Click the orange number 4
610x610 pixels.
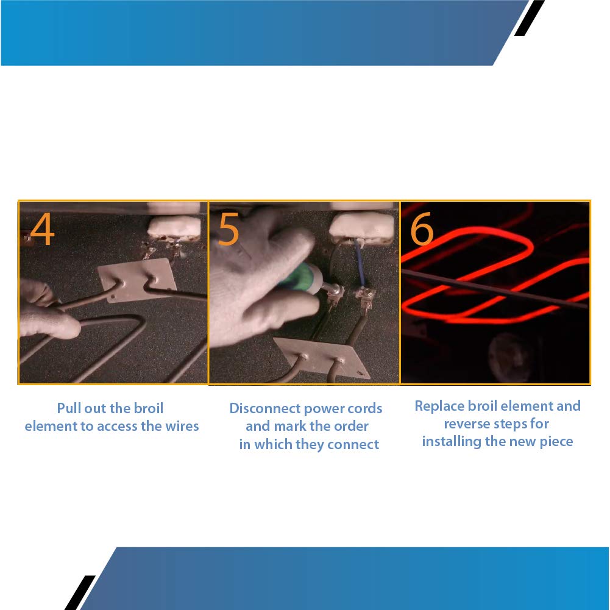[42, 229]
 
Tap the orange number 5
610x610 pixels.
[228, 229]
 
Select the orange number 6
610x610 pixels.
[422, 229]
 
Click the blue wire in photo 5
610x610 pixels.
[360, 263]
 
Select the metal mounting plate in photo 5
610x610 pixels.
[322, 356]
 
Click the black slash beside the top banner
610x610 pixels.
[529, 18]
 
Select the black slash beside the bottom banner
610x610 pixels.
[80, 592]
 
